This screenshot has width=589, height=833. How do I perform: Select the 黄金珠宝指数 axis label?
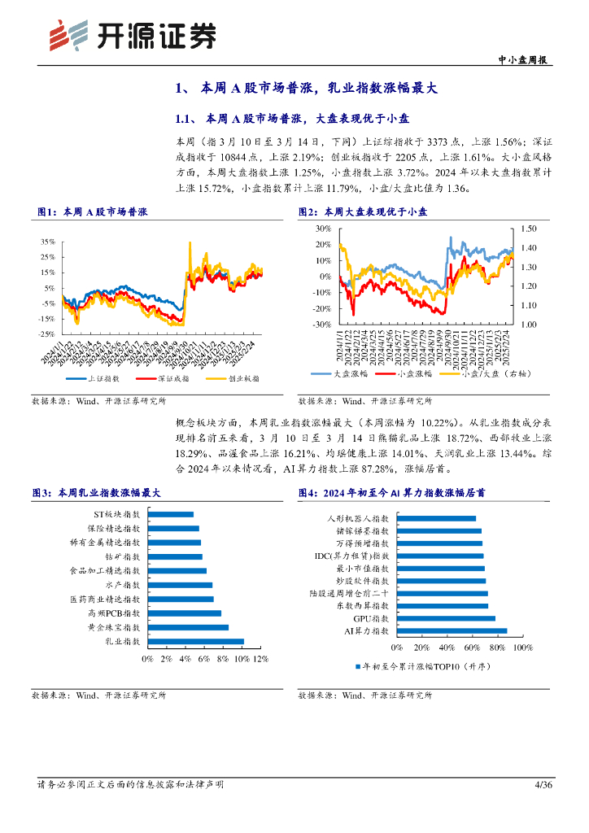tap(113, 628)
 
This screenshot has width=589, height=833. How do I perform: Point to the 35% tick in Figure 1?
tap(47, 242)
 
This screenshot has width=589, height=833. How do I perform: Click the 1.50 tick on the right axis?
tap(529, 229)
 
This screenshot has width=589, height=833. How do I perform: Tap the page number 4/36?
tap(543, 785)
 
